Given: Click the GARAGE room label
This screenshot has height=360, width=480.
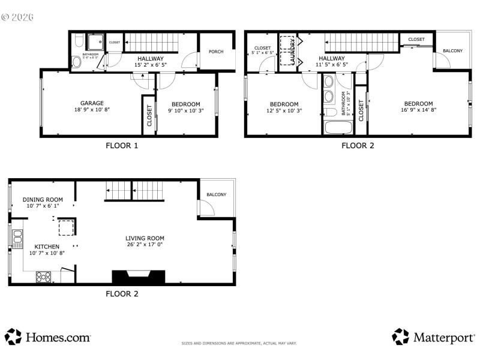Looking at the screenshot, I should pyautogui.click(x=92, y=103).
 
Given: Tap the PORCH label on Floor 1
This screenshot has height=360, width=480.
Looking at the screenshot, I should pyautogui.click(x=215, y=52).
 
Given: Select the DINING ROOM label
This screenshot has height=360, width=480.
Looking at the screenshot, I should pyautogui.click(x=43, y=199).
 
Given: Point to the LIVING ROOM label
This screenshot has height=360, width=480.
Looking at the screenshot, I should pyautogui.click(x=145, y=238).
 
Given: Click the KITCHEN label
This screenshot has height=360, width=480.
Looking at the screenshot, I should pyautogui.click(x=46, y=247).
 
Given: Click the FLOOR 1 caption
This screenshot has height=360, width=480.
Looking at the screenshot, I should pyautogui.click(x=122, y=145).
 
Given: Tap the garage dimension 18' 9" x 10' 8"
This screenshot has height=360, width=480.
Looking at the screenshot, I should pyautogui.click(x=92, y=110).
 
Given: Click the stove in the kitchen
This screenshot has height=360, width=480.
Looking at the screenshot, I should pyautogui.click(x=44, y=277).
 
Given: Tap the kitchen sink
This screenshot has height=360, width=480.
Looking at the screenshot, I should pyautogui.click(x=17, y=238).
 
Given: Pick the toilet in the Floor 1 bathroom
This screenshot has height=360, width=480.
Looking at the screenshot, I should pyautogui.click(x=76, y=62).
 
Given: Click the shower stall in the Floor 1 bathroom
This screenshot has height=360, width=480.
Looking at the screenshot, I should pyautogui.click(x=95, y=42).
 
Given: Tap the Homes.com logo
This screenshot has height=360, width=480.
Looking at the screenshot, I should pyautogui.click(x=48, y=337).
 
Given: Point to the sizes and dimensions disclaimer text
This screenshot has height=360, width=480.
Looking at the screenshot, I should pyautogui.click(x=239, y=343).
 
